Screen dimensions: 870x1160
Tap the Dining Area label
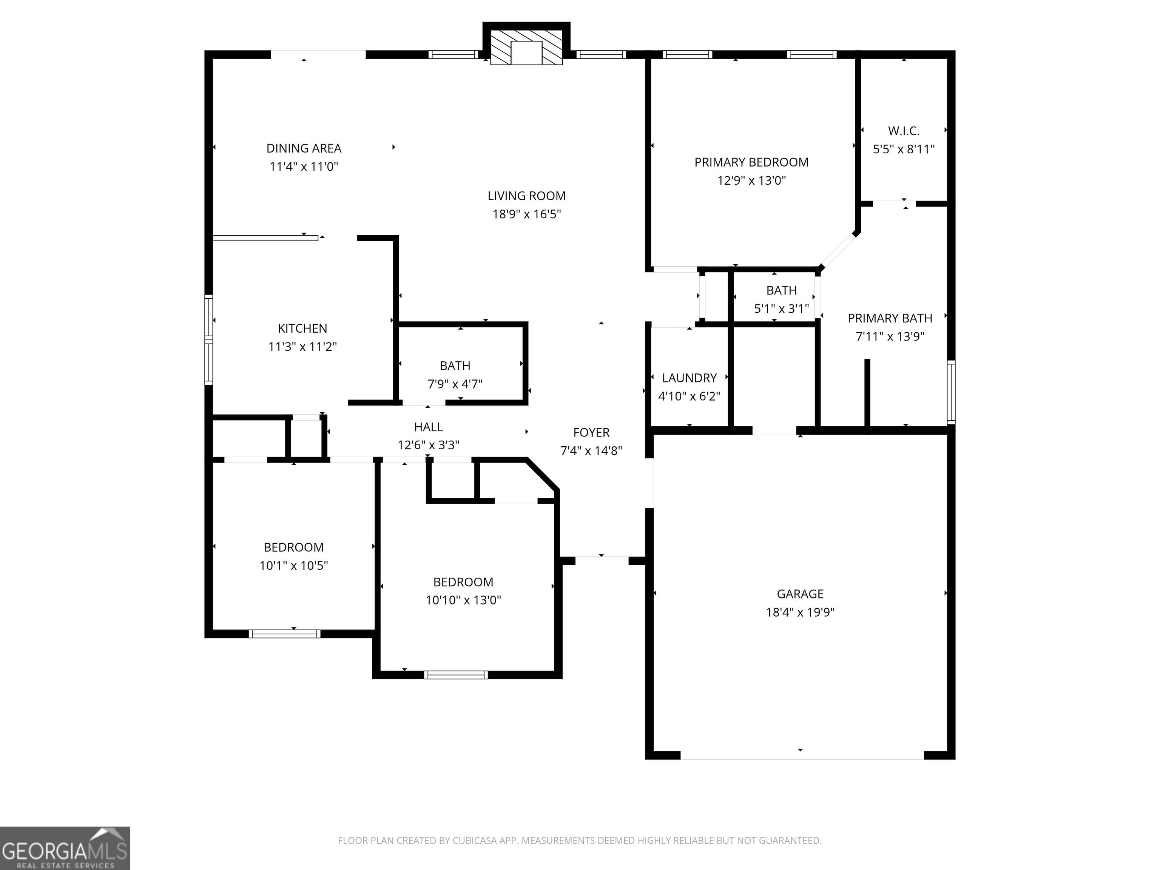304,148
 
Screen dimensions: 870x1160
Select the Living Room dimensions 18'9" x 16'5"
526,214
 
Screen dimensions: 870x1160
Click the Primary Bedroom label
751,163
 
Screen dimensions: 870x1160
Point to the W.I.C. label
904,131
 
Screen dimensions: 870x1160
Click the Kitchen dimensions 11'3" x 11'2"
302,347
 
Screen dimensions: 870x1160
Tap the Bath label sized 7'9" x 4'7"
455,366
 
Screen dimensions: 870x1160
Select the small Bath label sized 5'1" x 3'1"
781,290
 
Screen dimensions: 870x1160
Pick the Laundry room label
689,378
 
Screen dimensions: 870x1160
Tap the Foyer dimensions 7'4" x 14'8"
591,451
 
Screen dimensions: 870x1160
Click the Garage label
800,594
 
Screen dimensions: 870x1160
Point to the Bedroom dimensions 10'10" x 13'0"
463,600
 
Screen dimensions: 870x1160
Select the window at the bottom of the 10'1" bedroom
284,634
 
